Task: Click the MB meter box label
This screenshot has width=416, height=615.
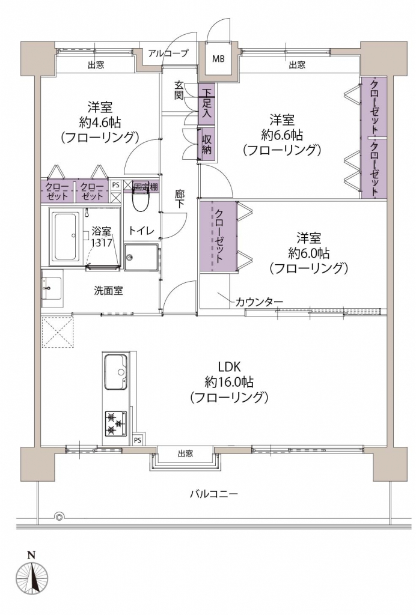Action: tap(219, 59)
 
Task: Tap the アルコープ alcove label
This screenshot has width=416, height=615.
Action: tap(168, 53)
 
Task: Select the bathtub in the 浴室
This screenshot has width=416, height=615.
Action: tap(65, 237)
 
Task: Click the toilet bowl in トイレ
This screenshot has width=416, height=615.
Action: tap(139, 200)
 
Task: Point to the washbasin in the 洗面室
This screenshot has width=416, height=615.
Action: tap(52, 288)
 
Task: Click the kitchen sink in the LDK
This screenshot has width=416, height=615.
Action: tap(116, 372)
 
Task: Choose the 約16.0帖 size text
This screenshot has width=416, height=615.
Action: tap(229, 381)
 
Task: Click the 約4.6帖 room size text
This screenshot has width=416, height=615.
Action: tap(100, 123)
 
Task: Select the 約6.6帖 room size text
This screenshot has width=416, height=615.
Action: tap(282, 135)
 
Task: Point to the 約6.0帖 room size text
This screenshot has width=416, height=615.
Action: tap(308, 253)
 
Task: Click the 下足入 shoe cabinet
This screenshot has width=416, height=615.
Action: tap(206, 103)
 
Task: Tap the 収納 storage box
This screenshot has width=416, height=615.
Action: tap(206, 144)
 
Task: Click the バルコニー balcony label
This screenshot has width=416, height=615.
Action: tap(214, 494)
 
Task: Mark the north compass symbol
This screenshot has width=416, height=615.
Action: tap(32, 578)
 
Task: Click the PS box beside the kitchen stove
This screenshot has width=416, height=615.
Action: tap(137, 440)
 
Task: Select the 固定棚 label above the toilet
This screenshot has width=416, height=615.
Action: tap(145, 186)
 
